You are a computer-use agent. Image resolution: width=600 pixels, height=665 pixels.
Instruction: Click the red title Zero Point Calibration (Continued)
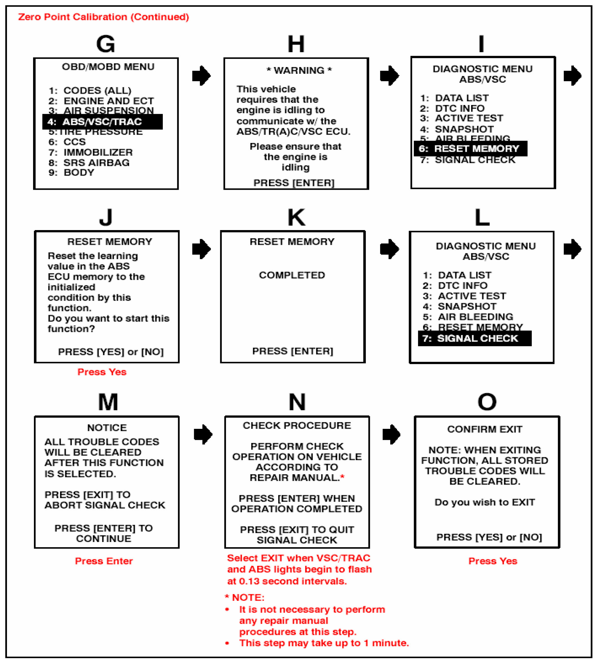point(104,17)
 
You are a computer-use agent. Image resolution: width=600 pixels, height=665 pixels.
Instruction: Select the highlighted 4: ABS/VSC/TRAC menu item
point(102,122)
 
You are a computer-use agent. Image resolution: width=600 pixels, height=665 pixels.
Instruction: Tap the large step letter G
point(106,44)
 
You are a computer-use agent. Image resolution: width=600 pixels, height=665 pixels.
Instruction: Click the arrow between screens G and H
point(201,75)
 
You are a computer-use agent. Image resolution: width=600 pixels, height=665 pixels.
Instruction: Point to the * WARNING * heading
point(299,70)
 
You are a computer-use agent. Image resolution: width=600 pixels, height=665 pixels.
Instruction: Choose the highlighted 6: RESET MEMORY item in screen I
point(470,149)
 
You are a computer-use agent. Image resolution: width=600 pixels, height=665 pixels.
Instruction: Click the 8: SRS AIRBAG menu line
point(89,162)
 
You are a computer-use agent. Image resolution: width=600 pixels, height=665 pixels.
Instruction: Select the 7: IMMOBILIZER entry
point(91,152)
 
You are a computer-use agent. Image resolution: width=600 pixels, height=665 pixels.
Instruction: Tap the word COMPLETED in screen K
point(292,275)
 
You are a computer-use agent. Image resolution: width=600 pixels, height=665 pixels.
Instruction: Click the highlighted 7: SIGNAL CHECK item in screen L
point(474,338)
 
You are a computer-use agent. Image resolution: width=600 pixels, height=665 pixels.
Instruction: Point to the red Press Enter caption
point(104,561)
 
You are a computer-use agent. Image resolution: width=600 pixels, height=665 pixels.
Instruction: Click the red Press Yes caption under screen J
point(102,372)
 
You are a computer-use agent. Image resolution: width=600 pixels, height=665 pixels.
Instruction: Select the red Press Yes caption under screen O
point(493,561)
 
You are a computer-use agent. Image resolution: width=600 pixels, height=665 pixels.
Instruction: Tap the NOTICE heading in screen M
point(107,428)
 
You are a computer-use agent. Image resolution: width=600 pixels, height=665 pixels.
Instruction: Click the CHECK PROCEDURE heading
point(297,425)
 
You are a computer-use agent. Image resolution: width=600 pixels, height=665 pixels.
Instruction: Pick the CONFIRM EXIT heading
point(485,429)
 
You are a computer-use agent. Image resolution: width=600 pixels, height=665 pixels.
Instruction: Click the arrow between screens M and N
point(203,434)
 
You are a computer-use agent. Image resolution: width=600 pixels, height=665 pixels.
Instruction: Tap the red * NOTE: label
point(245,597)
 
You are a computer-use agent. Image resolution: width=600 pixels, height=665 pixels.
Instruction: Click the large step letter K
point(297,218)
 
